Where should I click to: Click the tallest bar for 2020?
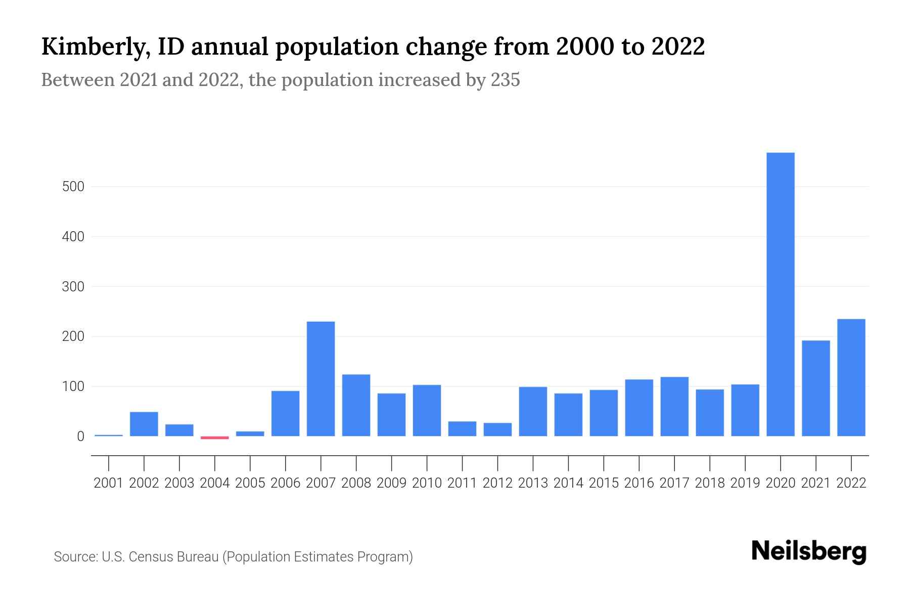pyautogui.click(x=780, y=294)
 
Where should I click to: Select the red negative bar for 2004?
pyautogui.click(x=214, y=438)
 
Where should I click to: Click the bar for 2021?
pyautogui.click(x=815, y=388)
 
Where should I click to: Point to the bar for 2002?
pyautogui.click(x=144, y=424)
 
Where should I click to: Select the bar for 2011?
pyautogui.click(x=462, y=428)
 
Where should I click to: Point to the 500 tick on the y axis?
pyautogui.click(x=73, y=187)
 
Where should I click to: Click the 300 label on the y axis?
pyautogui.click(x=73, y=287)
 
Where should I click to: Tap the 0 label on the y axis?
pyautogui.click(x=80, y=437)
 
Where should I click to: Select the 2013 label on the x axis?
pyautogui.click(x=533, y=483)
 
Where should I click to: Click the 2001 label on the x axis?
pyautogui.click(x=109, y=483)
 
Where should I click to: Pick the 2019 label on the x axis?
pyautogui.click(x=745, y=483)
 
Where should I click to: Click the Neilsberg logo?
pyautogui.click(x=808, y=551)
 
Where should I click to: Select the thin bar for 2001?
pyautogui.click(x=109, y=435)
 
